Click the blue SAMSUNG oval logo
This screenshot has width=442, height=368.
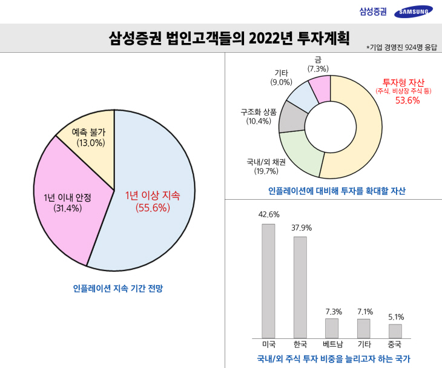click(413, 11)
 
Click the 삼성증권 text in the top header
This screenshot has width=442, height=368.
click(372, 11)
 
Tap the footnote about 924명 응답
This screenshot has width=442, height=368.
click(401, 47)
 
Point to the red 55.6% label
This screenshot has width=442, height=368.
click(153, 208)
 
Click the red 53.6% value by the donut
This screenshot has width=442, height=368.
click(407, 100)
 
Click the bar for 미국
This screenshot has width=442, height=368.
click(268, 281)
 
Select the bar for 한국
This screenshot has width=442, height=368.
click(300, 287)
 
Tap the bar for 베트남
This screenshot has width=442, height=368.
click(332, 328)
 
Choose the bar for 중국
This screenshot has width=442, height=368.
click(395, 331)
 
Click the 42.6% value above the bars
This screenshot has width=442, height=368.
click(268, 214)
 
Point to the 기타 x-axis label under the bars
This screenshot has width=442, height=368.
click(363, 344)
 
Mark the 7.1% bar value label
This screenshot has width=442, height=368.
click(364, 312)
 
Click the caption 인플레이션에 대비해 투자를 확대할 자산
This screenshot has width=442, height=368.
click(337, 191)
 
